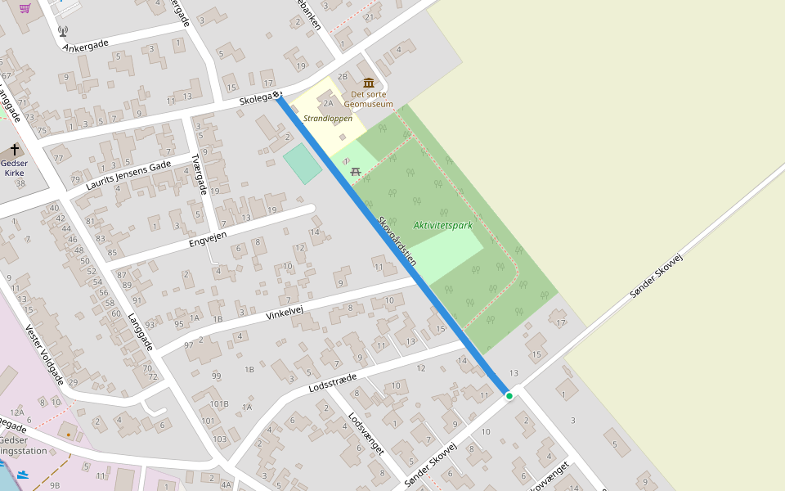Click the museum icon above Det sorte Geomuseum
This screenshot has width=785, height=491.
click(369, 83)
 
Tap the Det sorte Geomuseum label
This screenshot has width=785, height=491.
click(368, 99)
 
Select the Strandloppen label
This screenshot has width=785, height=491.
click(328, 119)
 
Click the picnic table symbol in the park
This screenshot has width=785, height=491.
click(355, 171)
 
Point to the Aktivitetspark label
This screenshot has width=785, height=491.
click(442, 225)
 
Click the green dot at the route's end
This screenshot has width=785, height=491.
click(509, 396)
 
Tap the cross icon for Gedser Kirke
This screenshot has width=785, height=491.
click(15, 151)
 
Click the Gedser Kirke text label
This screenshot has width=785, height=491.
click(14, 168)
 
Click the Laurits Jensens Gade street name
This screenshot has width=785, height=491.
click(128, 175)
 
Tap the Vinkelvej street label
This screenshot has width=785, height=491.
click(285, 312)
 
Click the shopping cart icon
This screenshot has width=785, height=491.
click(25, 8)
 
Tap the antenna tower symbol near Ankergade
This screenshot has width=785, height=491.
click(63, 31)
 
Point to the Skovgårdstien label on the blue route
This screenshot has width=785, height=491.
click(397, 241)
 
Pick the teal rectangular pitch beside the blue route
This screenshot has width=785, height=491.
click(303, 164)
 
